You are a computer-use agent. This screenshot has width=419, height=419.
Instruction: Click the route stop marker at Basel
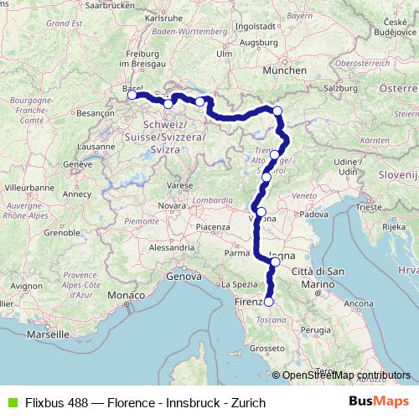(132, 96)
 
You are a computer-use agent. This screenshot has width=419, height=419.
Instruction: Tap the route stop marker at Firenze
(269, 302)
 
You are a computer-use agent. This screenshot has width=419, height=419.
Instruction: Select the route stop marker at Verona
(261, 212)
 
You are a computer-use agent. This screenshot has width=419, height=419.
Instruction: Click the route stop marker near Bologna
(276, 261)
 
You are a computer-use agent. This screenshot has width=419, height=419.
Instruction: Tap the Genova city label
(185, 276)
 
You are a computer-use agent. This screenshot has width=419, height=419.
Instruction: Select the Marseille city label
(49, 333)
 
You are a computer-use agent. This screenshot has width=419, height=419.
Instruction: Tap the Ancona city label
(359, 302)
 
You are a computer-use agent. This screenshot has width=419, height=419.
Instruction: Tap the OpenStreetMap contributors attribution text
(347, 375)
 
